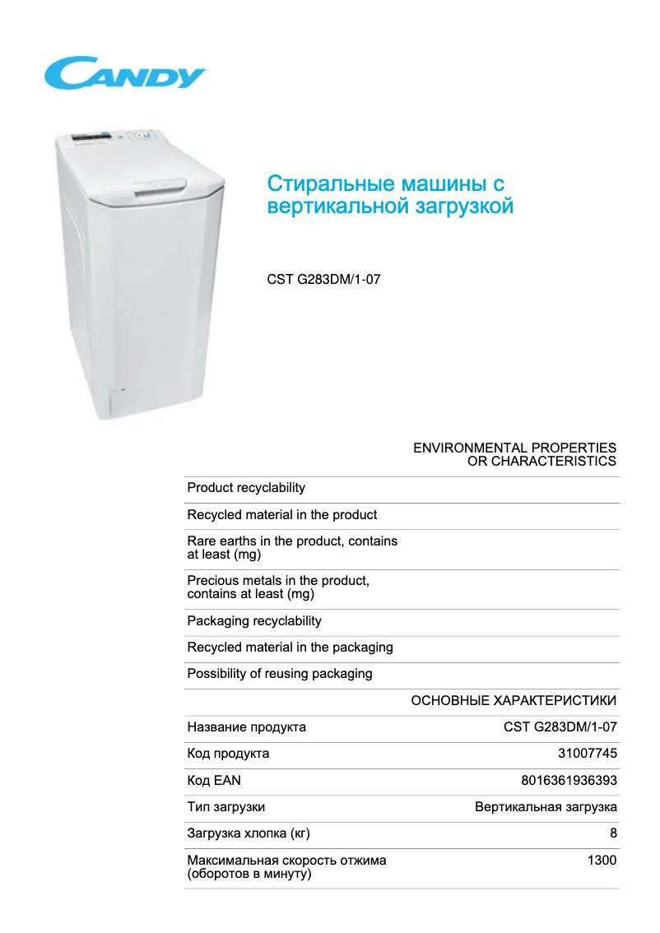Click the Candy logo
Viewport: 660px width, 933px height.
tap(125, 73)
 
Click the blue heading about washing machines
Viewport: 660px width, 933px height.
tap(390, 194)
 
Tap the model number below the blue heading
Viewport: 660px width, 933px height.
tap(323, 280)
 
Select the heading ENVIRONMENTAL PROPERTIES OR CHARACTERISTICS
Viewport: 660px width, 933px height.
tap(514, 454)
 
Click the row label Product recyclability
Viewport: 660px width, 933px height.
tap(246, 488)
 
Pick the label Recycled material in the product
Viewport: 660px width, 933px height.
tap(282, 515)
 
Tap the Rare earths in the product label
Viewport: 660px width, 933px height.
tap(292, 547)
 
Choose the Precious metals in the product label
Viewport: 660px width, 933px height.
tap(278, 587)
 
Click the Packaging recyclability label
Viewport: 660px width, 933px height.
tap(254, 621)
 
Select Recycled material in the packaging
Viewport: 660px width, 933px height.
tap(290, 648)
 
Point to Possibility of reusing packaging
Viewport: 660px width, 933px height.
tap(280, 674)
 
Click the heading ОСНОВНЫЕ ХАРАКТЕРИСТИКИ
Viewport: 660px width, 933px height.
tap(514, 701)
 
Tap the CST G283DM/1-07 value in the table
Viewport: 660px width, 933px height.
tap(560, 727)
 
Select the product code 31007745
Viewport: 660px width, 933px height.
tap(588, 754)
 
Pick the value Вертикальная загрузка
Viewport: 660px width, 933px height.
tap(546, 807)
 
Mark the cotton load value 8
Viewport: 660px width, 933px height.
tap(613, 833)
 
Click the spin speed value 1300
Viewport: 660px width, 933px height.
tap(602, 861)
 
